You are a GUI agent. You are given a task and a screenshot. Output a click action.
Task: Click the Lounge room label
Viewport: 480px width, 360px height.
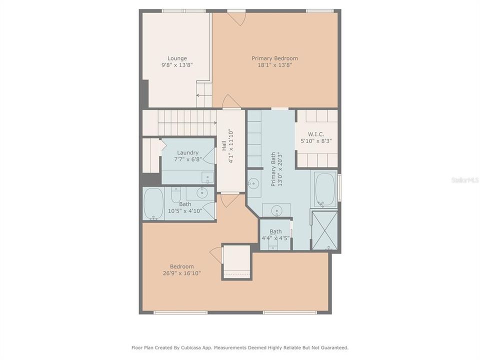tap(177, 58)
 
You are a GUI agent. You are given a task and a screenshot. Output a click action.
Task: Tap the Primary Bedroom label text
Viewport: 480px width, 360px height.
tap(274, 58)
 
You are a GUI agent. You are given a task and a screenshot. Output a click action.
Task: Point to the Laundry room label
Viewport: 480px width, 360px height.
tap(187, 153)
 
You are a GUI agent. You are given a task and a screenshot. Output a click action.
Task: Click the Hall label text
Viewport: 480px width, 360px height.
tap(224, 146)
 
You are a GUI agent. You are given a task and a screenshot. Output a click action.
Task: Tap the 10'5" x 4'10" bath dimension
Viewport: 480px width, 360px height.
tap(185, 211)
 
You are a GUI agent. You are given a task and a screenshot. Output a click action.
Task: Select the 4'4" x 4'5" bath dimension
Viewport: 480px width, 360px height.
tap(275, 238)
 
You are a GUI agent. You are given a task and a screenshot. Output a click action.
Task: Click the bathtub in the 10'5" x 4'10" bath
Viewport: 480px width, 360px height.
tap(153, 204)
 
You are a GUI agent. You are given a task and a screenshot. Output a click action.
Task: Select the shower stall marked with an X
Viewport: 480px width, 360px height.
tap(324, 230)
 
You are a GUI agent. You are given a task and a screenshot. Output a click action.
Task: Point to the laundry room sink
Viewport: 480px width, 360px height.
tap(206, 177)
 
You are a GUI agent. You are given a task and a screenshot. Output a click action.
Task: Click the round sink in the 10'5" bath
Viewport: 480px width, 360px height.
tap(202, 192)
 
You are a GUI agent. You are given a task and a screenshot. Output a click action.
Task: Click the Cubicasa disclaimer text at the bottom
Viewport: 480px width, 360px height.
tap(240, 347)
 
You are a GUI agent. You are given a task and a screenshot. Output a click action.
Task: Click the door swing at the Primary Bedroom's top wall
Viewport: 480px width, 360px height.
tap(236, 18)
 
